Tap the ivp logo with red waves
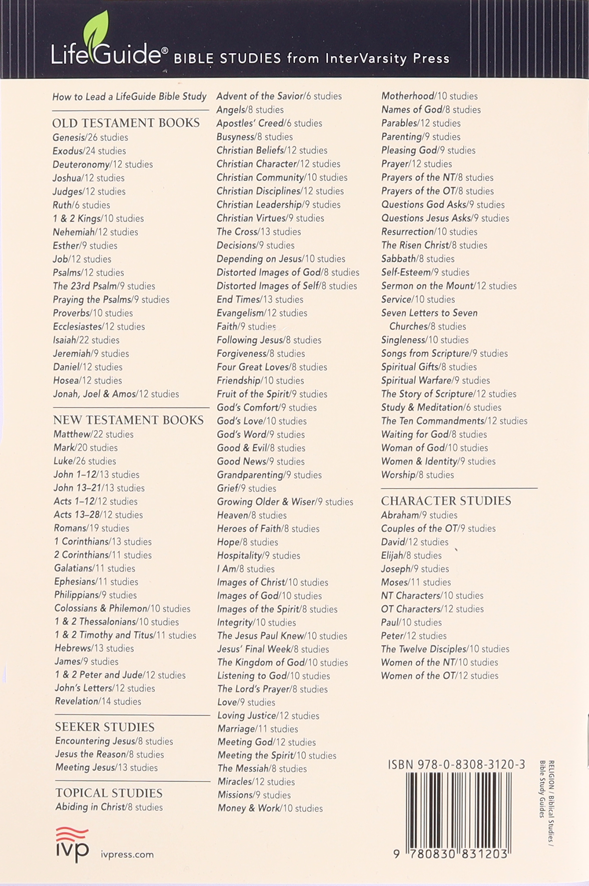pyautogui.click(x=72, y=844)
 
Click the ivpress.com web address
pyautogui.click(x=127, y=854)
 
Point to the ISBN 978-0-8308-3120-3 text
pyautogui.click(x=456, y=764)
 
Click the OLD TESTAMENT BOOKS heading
pyautogui.click(x=126, y=123)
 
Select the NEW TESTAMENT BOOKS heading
pyautogui.click(x=128, y=420)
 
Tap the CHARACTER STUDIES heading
pyautogui.click(x=446, y=501)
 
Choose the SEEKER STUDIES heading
pyautogui.click(x=104, y=727)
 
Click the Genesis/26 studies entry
pyautogui.click(x=90, y=137)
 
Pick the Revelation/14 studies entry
pyautogui.click(x=98, y=701)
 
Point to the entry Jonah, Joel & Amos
pyautogui.click(x=116, y=394)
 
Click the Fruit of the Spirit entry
pyautogui.click(x=272, y=394)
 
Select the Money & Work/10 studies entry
pyautogui.click(x=270, y=808)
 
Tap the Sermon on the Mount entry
pyautogui.click(x=449, y=286)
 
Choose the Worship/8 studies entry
pyautogui.click(x=417, y=475)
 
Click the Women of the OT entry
pyautogui.click(x=439, y=675)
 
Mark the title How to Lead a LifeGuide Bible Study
pyautogui.click(x=129, y=96)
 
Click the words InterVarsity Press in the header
pyautogui.click(x=387, y=58)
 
